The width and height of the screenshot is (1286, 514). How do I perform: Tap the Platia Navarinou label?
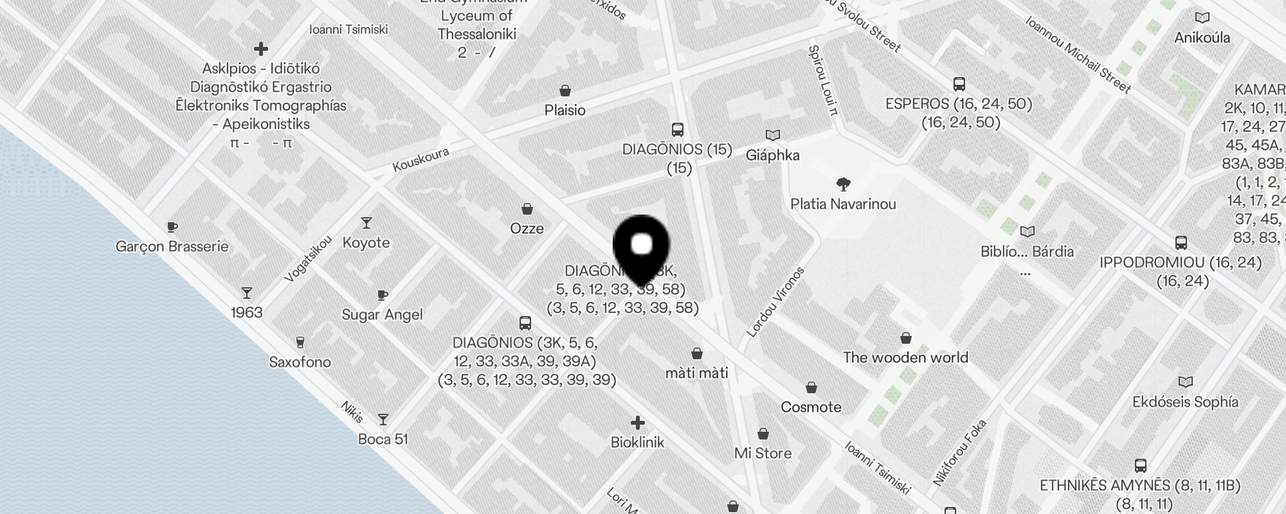pyautogui.click(x=843, y=204)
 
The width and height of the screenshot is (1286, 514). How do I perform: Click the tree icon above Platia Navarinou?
pyautogui.click(x=844, y=185)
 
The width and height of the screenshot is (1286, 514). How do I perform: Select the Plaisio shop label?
pyautogui.click(x=565, y=110)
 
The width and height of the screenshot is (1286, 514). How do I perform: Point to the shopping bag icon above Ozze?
pyautogui.click(x=527, y=209)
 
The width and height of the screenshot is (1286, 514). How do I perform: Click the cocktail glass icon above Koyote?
pyautogui.click(x=367, y=223)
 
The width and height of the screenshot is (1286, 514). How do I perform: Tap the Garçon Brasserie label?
pyautogui.click(x=172, y=246)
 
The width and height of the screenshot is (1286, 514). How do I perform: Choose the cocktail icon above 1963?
pyautogui.click(x=247, y=293)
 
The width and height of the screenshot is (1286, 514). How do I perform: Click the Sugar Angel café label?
pyautogui.click(x=382, y=314)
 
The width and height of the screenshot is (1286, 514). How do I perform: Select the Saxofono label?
pyautogui.click(x=300, y=362)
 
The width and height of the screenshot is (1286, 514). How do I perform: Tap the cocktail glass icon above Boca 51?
pyautogui.click(x=383, y=420)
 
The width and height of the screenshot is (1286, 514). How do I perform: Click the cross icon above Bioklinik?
pyautogui.click(x=637, y=423)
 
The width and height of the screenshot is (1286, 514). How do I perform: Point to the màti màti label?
pyautogui.click(x=696, y=373)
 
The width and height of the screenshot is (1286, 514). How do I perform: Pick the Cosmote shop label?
pyautogui.click(x=811, y=407)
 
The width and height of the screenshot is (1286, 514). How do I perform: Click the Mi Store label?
pyautogui.click(x=763, y=453)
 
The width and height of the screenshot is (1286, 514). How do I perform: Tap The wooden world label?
pyautogui.click(x=905, y=357)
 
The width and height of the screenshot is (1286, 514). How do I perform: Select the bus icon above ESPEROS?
pyautogui.click(x=959, y=84)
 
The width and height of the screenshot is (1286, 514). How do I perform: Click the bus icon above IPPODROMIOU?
pyautogui.click(x=1181, y=243)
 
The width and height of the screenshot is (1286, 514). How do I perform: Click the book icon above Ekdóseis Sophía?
pyautogui.click(x=1185, y=382)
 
